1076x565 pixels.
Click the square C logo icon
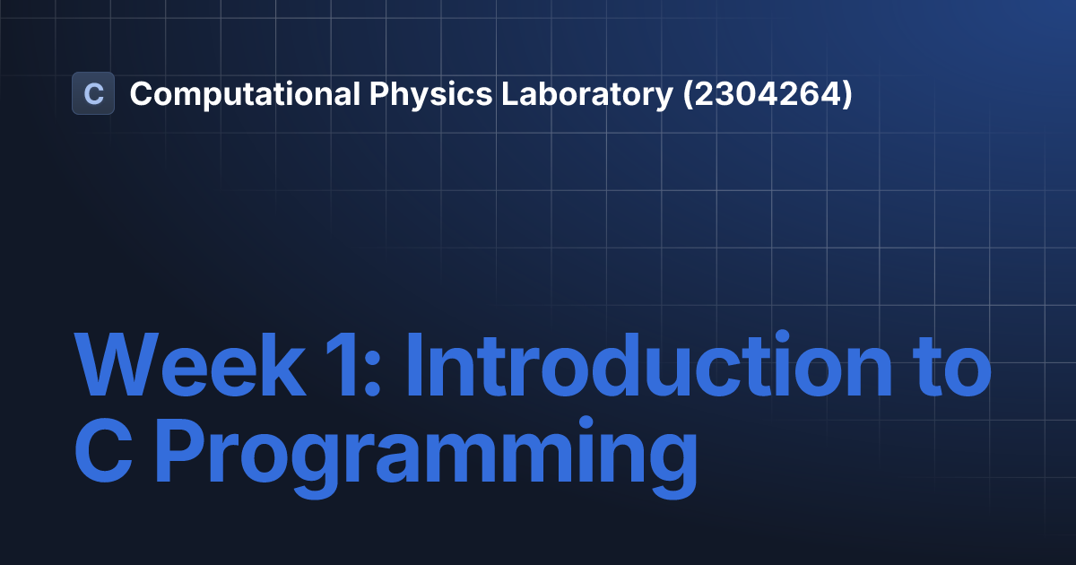tap(93, 93)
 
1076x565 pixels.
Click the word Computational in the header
tap(245, 94)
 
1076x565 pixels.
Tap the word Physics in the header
tap(431, 94)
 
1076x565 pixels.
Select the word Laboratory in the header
tap(587, 94)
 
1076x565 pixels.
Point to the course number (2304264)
tap(768, 94)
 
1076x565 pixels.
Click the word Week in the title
tap(190, 364)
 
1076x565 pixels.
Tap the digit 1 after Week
tap(342, 364)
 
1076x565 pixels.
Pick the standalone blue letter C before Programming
tap(103, 449)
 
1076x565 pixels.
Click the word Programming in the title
tap(426, 457)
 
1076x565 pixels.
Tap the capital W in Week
tap(117, 363)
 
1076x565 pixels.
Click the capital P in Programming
tap(180, 449)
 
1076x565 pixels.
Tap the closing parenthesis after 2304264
tap(846, 94)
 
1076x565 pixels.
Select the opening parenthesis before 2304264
tap(688, 94)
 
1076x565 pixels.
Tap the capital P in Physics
tap(379, 93)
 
